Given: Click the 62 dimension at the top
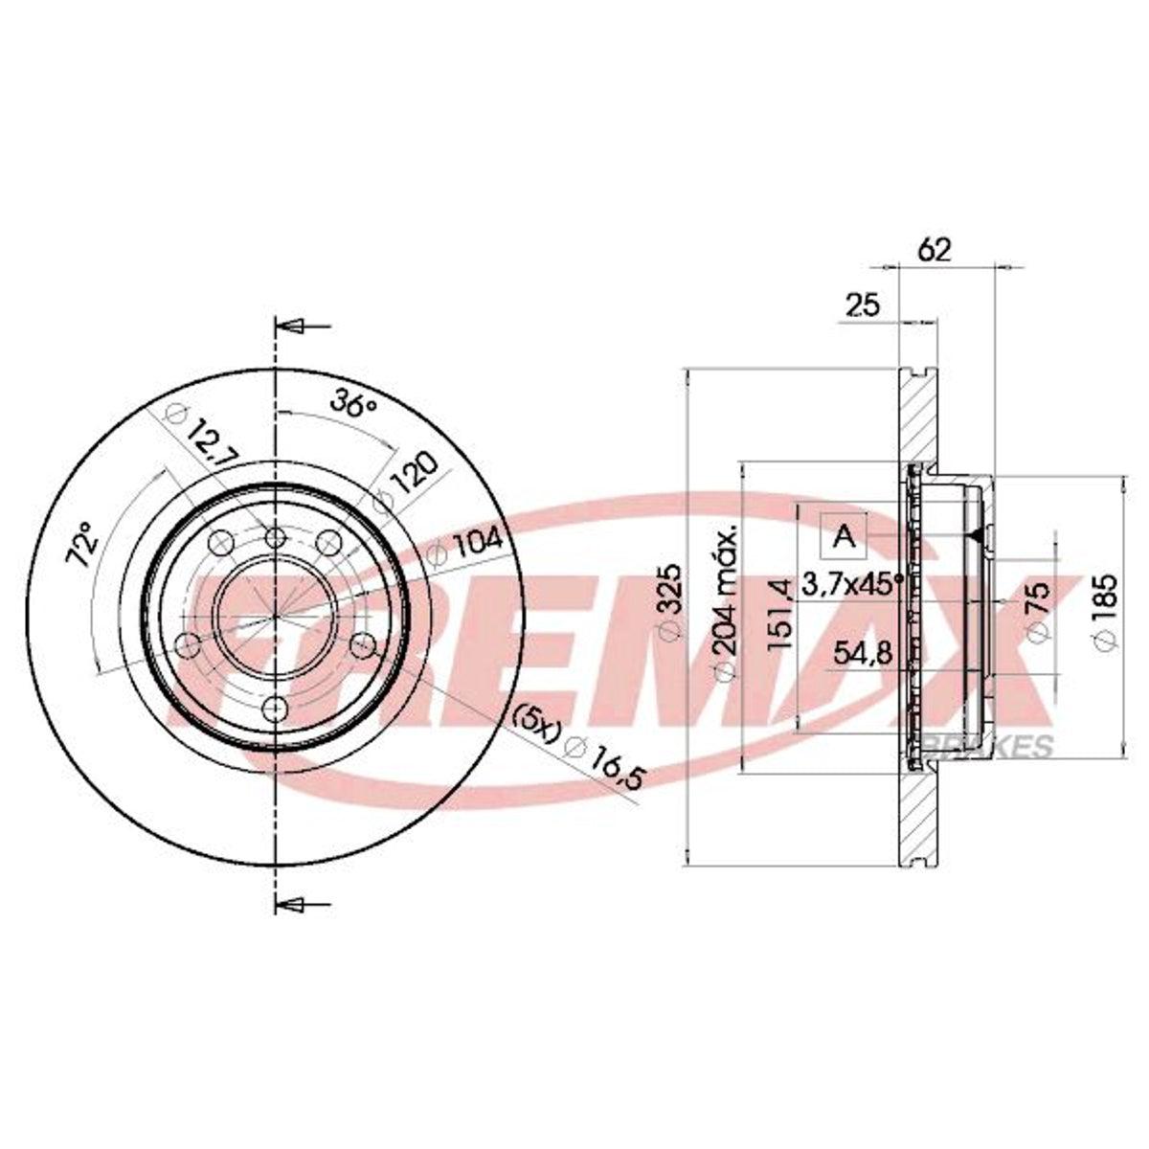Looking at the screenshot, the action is [x=934, y=251].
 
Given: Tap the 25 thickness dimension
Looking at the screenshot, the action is [x=863, y=305].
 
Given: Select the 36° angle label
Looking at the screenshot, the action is [x=354, y=405].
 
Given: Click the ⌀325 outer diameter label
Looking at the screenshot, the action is [x=670, y=601].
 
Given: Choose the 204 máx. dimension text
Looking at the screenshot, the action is [x=726, y=602].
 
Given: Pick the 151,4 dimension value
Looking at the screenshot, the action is [x=780, y=614].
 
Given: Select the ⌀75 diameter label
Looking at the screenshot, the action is [x=1037, y=613].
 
